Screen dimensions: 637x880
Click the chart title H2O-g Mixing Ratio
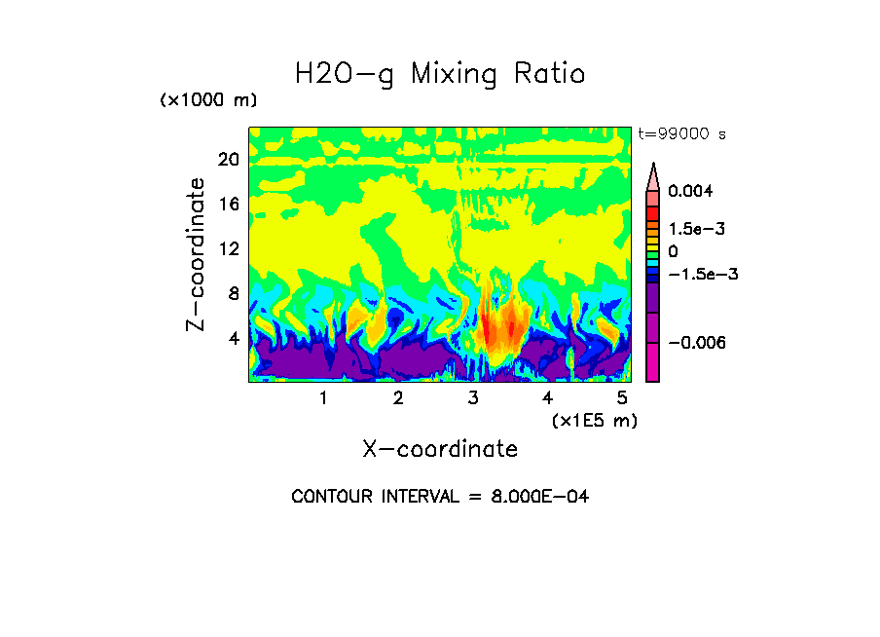pyautogui.click(x=440, y=74)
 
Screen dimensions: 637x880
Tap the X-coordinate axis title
pyautogui.click(x=440, y=449)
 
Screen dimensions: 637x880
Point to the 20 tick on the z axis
pyautogui.click(x=228, y=160)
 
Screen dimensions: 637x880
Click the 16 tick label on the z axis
pyautogui.click(x=228, y=205)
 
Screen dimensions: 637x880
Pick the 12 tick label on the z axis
pyautogui.click(x=228, y=249)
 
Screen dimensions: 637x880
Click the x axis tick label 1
pyautogui.click(x=323, y=398)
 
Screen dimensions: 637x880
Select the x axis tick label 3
pyautogui.click(x=473, y=398)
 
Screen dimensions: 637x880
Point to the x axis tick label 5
pyautogui.click(x=622, y=398)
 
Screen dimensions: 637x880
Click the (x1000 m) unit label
pyautogui.click(x=207, y=101)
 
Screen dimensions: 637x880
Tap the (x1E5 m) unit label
pyautogui.click(x=594, y=420)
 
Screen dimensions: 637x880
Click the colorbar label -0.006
pyautogui.click(x=698, y=343)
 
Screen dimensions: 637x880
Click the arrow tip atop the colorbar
pyautogui.click(x=653, y=167)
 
